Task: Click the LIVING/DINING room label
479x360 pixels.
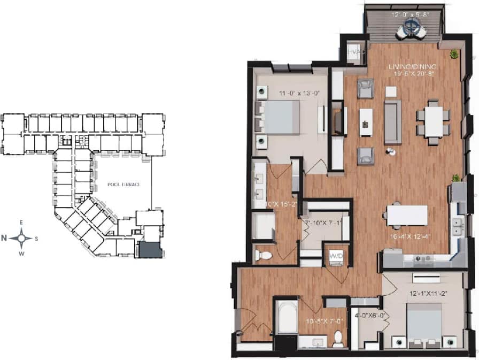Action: coord(412,66)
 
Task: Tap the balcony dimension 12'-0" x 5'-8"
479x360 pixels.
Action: coord(410,15)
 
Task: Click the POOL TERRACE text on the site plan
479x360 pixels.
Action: coord(123,185)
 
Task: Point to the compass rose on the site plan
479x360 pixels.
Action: coord(22,238)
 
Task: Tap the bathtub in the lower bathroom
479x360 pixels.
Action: coord(287,317)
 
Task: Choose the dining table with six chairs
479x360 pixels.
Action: coord(434,122)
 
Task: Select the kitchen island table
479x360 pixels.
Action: coord(407,215)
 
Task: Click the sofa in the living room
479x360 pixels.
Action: coord(392,121)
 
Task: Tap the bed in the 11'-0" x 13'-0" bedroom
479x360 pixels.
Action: coord(282,117)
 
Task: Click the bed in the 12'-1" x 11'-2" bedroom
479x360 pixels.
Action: coord(424,321)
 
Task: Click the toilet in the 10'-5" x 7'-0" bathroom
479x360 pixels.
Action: coord(337,337)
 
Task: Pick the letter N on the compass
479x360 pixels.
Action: coord(4,238)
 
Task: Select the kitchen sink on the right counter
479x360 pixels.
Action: coord(458,227)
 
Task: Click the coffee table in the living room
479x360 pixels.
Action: coord(366,122)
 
